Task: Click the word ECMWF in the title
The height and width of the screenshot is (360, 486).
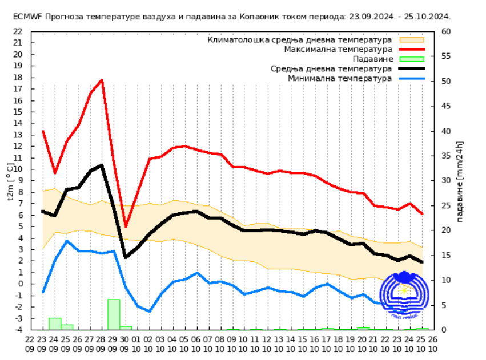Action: pyautogui.click(x=26, y=17)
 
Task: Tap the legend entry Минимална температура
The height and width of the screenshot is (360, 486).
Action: pyautogui.click(x=340, y=78)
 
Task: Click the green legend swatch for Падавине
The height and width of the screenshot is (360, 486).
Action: pyautogui.click(x=412, y=59)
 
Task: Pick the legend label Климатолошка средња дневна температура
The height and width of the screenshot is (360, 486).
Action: pyautogui.click(x=300, y=40)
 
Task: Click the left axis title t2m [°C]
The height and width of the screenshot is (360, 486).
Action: pyautogui.click(x=10, y=182)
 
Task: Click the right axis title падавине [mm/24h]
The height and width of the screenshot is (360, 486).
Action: pyautogui.click(x=460, y=181)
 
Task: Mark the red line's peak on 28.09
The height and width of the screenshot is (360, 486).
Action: pyautogui.click(x=102, y=80)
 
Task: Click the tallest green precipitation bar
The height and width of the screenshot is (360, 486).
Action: pyautogui.click(x=114, y=314)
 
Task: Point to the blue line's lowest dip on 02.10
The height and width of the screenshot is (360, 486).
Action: pyautogui.click(x=150, y=311)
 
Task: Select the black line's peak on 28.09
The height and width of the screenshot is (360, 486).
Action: pyautogui.click(x=102, y=165)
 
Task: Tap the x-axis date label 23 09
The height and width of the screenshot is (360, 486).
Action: pyautogui.click(x=42, y=343)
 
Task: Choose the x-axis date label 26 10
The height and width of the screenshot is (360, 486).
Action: pyautogui.click(x=432, y=343)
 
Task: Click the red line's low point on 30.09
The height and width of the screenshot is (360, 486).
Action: pyautogui.click(x=126, y=226)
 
